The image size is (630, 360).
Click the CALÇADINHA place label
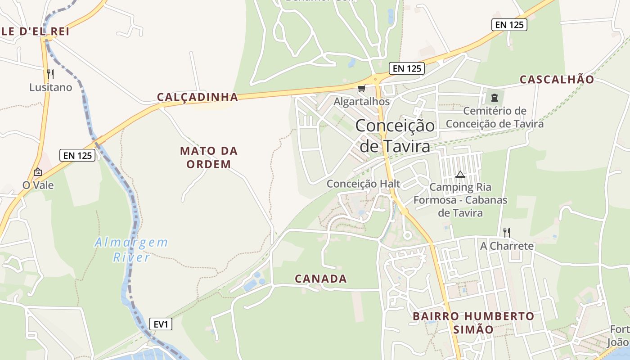[197, 97]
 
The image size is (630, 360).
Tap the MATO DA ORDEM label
[209, 157]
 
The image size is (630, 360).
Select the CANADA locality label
[321, 279]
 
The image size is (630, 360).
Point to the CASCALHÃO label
[557, 80]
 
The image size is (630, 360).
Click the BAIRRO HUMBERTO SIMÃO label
[473, 322]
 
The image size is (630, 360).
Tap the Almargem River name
[131, 250]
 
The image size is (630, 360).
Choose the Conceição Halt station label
[363, 184]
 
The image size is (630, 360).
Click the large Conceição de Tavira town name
[395, 135]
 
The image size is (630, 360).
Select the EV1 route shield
[161, 324]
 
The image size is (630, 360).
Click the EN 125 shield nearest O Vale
[77, 156]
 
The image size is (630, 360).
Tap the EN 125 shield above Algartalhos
[407, 68]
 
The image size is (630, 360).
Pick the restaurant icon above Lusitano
[50, 74]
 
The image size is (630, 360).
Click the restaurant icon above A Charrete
[507, 232]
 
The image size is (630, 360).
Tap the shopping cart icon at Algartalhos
[361, 88]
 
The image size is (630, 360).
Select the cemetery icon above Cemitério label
[495, 97]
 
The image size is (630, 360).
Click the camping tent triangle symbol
[460, 174]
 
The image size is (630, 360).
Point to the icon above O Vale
[38, 172]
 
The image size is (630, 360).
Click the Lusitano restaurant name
[50, 87]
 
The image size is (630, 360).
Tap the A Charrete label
[507, 246]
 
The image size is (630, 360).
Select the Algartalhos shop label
[361, 102]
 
